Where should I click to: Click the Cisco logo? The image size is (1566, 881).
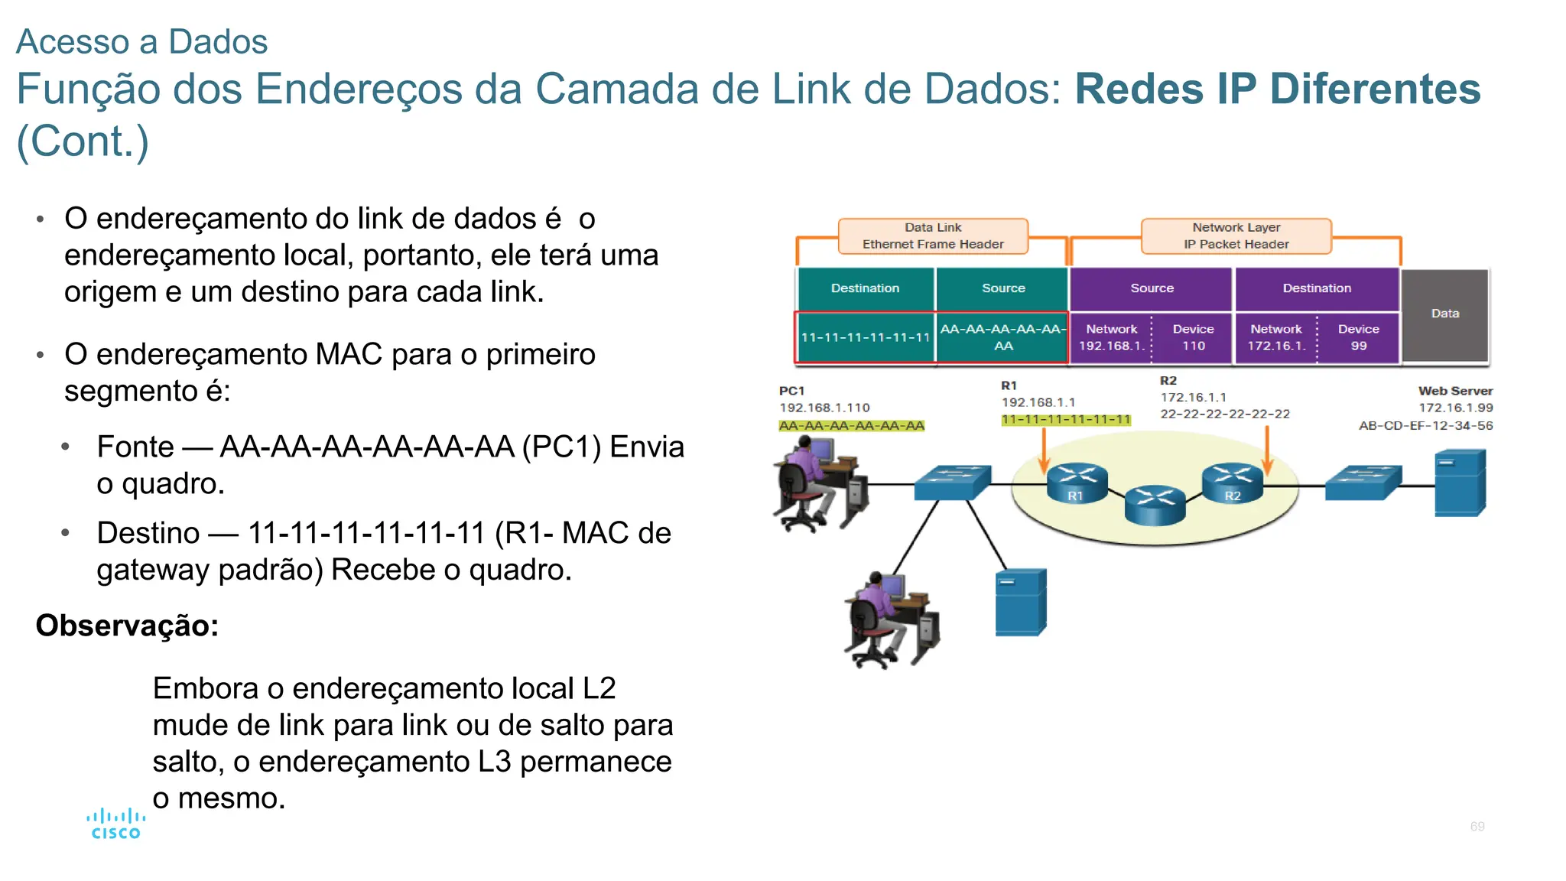point(115,824)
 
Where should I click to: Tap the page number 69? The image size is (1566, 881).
point(1477,827)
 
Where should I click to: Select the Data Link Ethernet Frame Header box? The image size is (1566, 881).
point(933,236)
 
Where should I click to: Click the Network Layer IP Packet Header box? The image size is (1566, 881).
point(1236,236)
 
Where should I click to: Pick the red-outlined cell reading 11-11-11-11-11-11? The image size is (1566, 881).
point(865,337)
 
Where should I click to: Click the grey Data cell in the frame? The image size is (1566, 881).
point(1444,314)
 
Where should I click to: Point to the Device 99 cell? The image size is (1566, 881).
point(1358,337)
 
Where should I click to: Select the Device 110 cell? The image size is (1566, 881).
point(1193,337)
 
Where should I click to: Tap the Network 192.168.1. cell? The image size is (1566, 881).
point(1111,337)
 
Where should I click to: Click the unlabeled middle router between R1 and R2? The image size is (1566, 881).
point(1155,505)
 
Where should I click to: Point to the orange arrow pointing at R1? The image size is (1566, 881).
point(1043,451)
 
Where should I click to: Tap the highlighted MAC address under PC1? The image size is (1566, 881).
point(851,426)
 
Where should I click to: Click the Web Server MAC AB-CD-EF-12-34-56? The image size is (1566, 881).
point(1425,426)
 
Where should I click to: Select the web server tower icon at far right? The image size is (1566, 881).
point(1459,483)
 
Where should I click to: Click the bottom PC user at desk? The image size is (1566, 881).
point(891,619)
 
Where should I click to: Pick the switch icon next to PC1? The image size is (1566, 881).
point(952,483)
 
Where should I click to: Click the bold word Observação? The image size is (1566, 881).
point(127,626)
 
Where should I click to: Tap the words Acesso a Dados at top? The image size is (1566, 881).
point(141,42)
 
